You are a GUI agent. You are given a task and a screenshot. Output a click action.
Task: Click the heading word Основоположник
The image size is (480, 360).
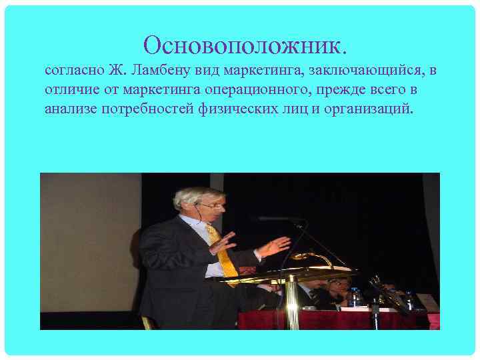tap(245, 45)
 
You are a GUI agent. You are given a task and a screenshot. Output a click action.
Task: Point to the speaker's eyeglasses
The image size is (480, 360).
tap(211, 206)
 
